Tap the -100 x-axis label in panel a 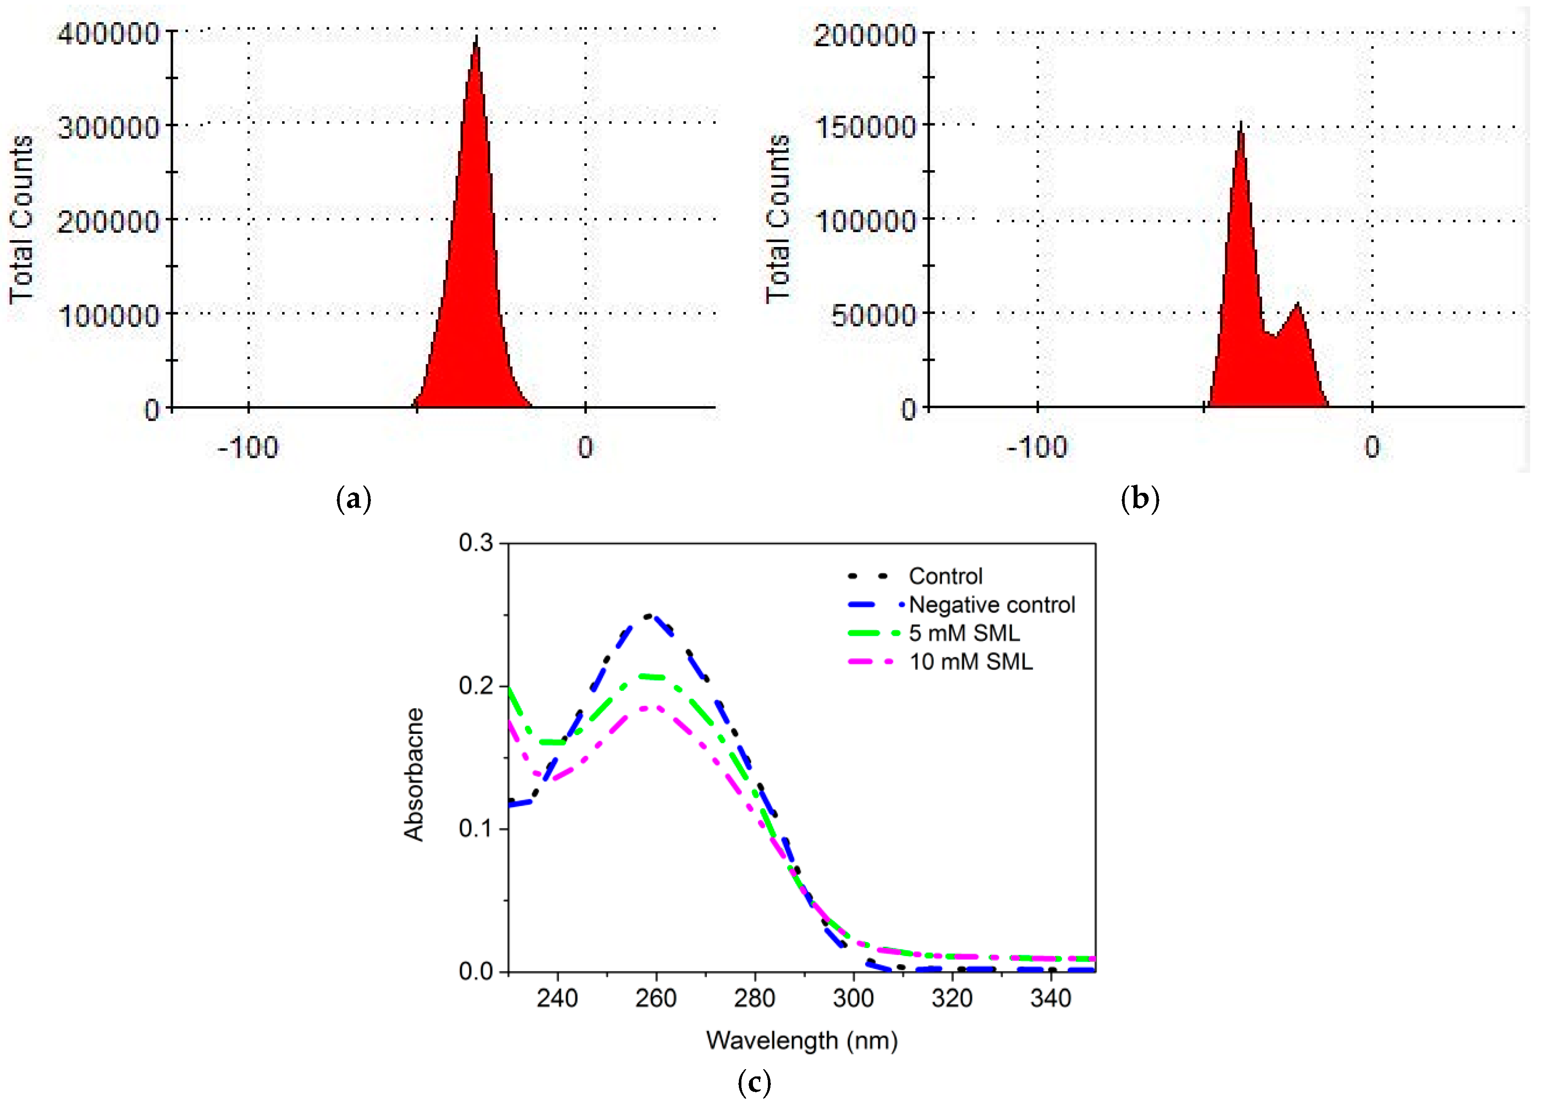click(x=248, y=448)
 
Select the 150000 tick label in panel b click(x=865, y=127)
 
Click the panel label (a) click(x=354, y=500)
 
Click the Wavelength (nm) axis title click(x=802, y=1041)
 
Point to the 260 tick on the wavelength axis click(x=656, y=999)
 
